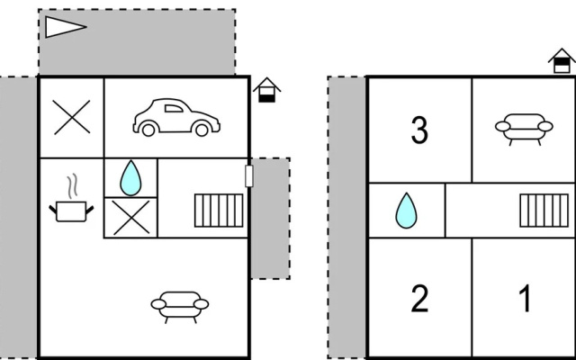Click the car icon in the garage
(x=176, y=117)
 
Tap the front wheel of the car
(x=202, y=130)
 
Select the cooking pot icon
(x=71, y=211)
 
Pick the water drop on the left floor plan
(x=130, y=178)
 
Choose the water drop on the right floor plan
(x=406, y=211)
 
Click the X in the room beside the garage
(x=72, y=117)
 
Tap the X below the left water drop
(x=131, y=218)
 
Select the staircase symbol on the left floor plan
(x=219, y=211)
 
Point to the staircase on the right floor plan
(x=544, y=211)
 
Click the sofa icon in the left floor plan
(x=180, y=307)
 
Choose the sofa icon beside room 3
(x=524, y=130)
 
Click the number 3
(x=419, y=130)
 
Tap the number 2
(x=420, y=299)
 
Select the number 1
(x=526, y=299)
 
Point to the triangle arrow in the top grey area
(x=66, y=27)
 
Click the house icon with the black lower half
(x=266, y=90)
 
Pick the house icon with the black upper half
(x=562, y=61)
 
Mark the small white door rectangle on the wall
(x=249, y=176)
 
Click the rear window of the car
(x=174, y=108)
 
